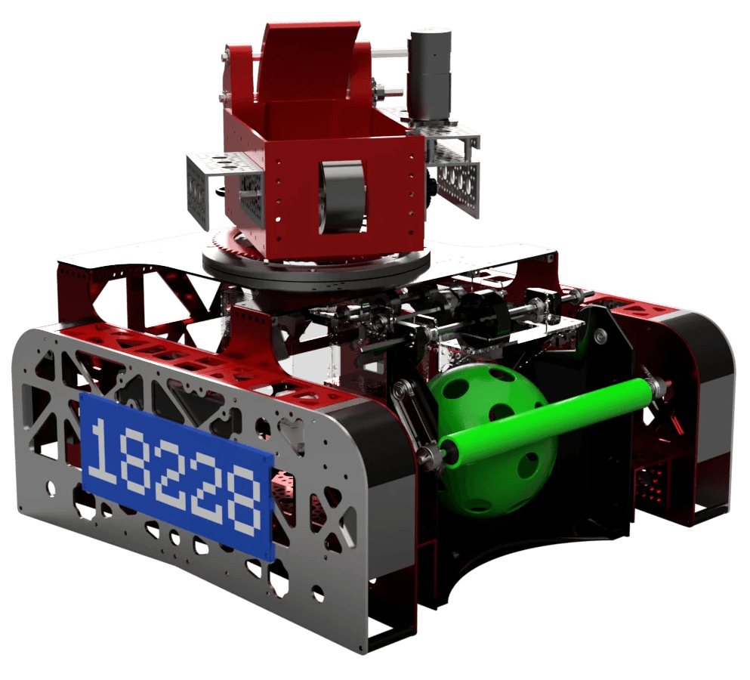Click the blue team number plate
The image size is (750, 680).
pos(177,477)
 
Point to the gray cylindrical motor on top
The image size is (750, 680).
pos(429,72)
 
